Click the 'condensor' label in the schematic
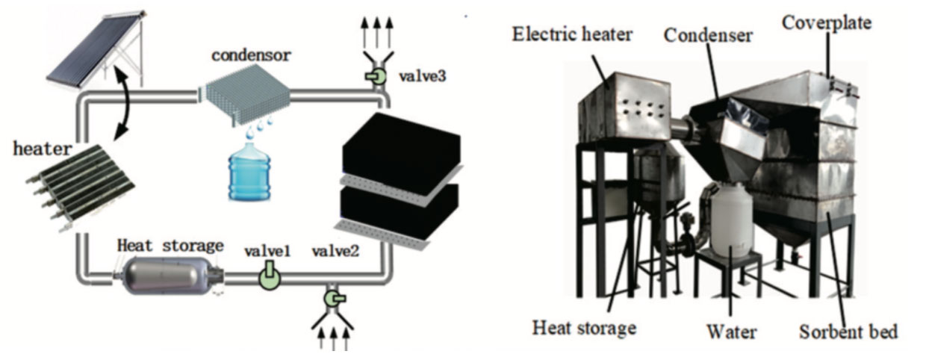point(242,55)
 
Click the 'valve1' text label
point(266,252)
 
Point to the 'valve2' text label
point(335,252)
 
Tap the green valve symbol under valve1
point(268,278)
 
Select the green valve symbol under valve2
point(332,298)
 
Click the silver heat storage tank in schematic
point(170,275)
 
